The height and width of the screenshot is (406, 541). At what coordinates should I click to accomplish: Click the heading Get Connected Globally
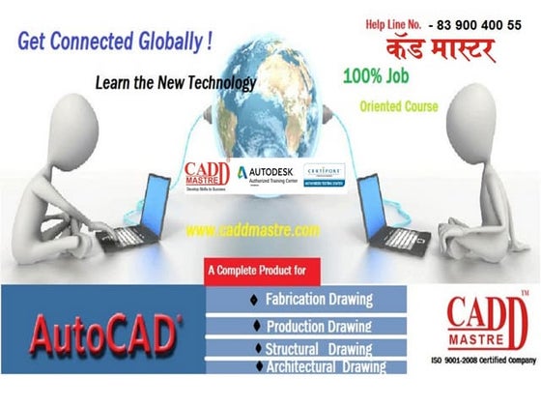click(x=114, y=43)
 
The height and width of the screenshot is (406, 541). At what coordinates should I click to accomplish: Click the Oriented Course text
click(x=398, y=105)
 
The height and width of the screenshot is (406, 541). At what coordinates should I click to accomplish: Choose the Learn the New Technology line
click(x=175, y=83)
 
